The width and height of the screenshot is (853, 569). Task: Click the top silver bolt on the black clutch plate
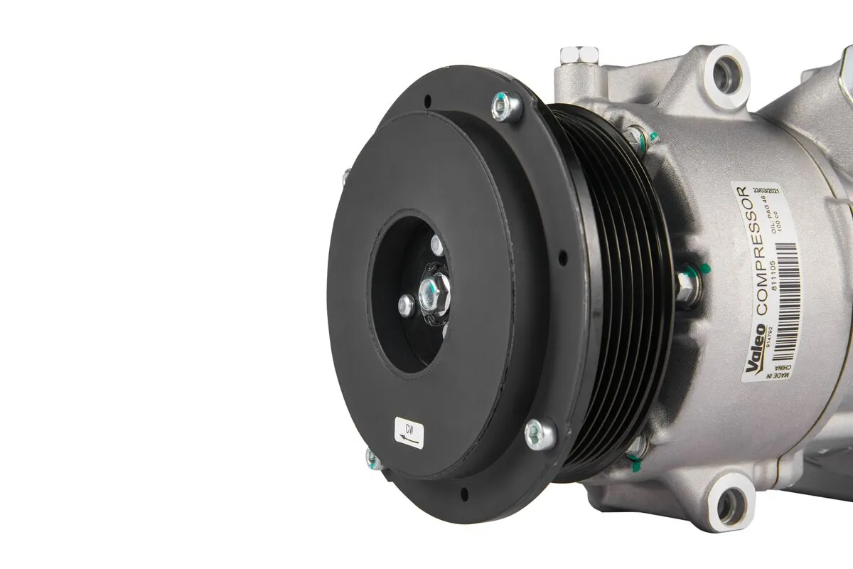[507, 107]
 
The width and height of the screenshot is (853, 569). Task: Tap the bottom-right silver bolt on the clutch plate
[540, 433]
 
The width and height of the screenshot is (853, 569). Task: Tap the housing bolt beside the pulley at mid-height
[687, 284]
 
